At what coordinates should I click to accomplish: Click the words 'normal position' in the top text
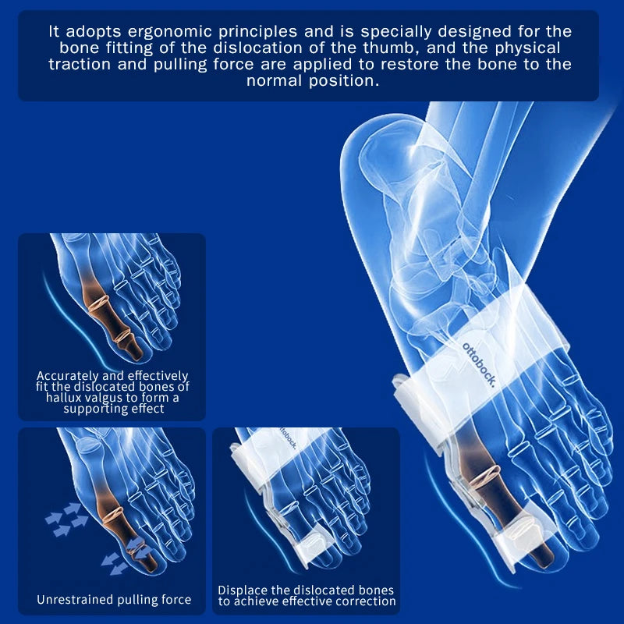[x=312, y=81]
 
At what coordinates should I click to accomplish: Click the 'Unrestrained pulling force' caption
[x=113, y=600]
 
